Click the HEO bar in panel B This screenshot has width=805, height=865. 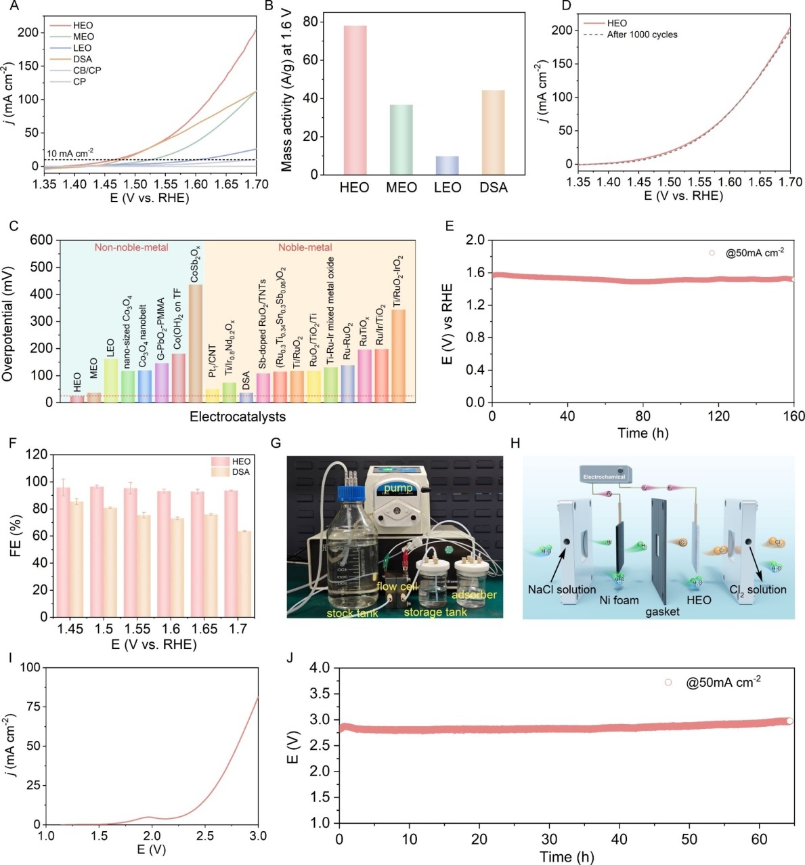[x=355, y=100]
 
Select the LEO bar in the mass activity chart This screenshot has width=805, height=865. [x=447, y=165]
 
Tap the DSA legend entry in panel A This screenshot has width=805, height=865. [x=83, y=59]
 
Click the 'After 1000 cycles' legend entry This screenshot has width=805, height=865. [x=642, y=35]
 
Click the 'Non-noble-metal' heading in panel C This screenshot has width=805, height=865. [x=131, y=247]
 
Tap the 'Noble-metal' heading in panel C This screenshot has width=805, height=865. [x=305, y=247]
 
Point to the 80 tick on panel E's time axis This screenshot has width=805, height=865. [x=643, y=416]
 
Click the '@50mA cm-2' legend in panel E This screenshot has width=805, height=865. [x=754, y=253]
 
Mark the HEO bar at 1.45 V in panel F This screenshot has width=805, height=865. [x=63, y=551]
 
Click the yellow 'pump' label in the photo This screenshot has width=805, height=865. [x=397, y=488]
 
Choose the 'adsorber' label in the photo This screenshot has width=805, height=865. [x=474, y=595]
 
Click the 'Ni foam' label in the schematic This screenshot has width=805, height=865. [x=619, y=600]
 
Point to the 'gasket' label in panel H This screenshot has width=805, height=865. [x=662, y=612]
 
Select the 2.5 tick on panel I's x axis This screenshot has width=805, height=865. [x=204, y=836]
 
